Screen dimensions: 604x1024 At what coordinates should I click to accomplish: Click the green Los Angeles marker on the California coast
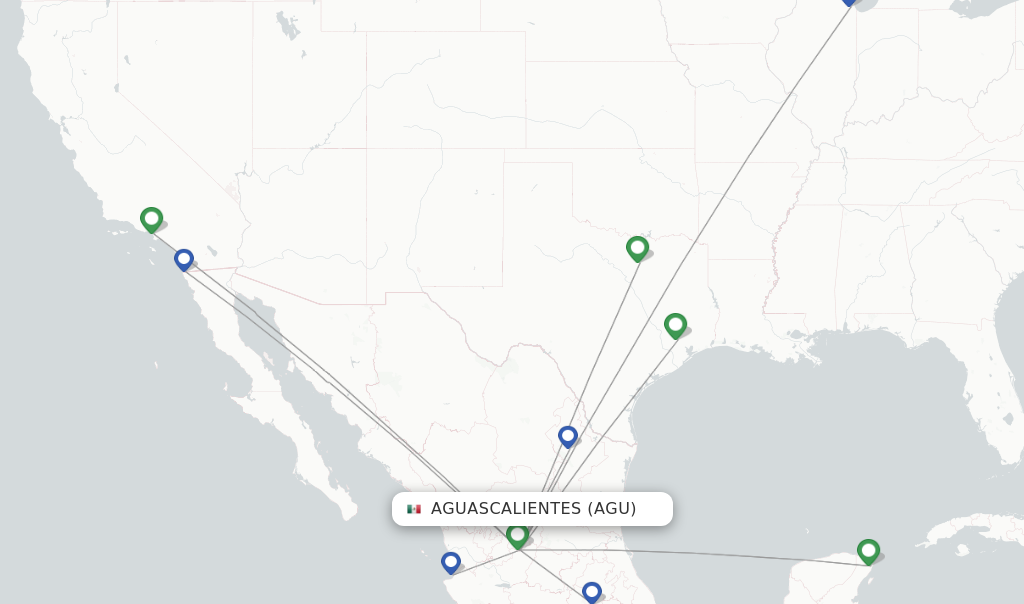pyautogui.click(x=151, y=218)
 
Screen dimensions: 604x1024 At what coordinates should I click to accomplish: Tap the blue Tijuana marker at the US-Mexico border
pyautogui.click(x=184, y=259)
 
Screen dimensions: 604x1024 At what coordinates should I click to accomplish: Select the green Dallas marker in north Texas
pyautogui.click(x=637, y=247)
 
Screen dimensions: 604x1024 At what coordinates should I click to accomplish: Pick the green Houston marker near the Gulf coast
pyautogui.click(x=675, y=325)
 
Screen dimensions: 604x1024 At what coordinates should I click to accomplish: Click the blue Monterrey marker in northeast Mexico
pyautogui.click(x=568, y=436)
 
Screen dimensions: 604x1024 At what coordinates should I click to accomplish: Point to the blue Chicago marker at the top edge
pyautogui.click(x=849, y=2)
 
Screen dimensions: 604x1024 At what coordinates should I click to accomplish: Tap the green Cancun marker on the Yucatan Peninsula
pyautogui.click(x=868, y=550)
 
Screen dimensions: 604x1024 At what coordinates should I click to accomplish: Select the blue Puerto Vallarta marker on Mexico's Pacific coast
pyautogui.click(x=451, y=563)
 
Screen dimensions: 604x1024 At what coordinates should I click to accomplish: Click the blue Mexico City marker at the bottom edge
pyautogui.click(x=592, y=592)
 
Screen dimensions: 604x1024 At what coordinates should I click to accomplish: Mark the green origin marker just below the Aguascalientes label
pyautogui.click(x=517, y=535)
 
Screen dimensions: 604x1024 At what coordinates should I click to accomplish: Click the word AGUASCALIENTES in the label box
pyautogui.click(x=505, y=509)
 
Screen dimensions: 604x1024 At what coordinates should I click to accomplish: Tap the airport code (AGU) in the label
pyautogui.click(x=611, y=509)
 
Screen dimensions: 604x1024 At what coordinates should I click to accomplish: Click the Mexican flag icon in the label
pyautogui.click(x=414, y=509)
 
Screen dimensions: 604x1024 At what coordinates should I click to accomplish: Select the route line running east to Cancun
pyautogui.click(x=700, y=557)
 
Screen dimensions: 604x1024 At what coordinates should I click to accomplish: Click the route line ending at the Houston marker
pyautogui.click(x=620, y=400)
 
